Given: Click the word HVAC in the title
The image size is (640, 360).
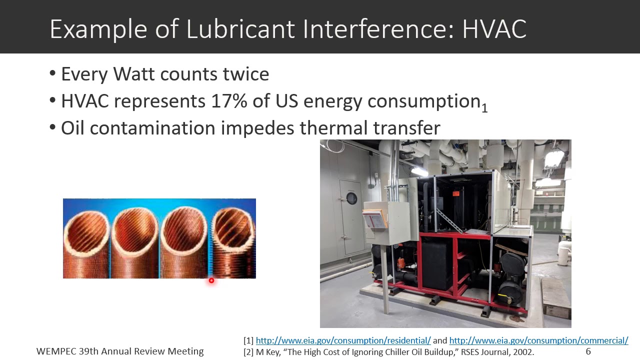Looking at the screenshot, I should pyautogui.click(x=494, y=29).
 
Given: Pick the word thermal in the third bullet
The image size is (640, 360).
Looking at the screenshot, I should pyautogui.click(x=334, y=128).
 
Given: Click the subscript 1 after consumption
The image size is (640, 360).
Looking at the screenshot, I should pyautogui.click(x=484, y=107).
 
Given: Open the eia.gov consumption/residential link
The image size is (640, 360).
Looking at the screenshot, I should pyautogui.click(x=343, y=340).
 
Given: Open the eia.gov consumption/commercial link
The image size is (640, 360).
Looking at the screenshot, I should pyautogui.click(x=538, y=340).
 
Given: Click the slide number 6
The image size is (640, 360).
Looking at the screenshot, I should pyautogui.click(x=588, y=351).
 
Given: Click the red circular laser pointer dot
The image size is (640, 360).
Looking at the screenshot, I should pyautogui.click(x=211, y=280).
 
